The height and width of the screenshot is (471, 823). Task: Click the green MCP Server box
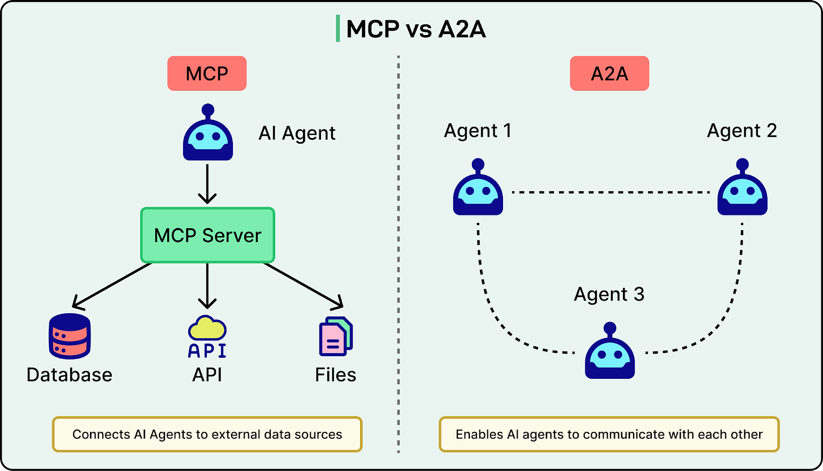tap(207, 235)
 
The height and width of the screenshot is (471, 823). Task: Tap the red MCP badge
tap(207, 74)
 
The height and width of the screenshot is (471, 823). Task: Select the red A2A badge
tap(609, 74)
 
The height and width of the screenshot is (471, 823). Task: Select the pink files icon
tap(336, 337)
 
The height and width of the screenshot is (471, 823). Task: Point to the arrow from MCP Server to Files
tap(303, 286)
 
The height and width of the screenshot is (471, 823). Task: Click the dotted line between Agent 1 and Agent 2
tap(610, 193)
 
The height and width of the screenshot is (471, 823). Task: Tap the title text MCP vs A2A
tap(415, 29)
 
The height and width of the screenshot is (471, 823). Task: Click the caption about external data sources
tap(207, 434)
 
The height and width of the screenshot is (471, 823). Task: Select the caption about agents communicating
tap(609, 434)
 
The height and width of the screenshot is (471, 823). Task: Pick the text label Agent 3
tap(609, 295)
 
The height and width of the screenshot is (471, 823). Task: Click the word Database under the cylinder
tap(69, 374)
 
